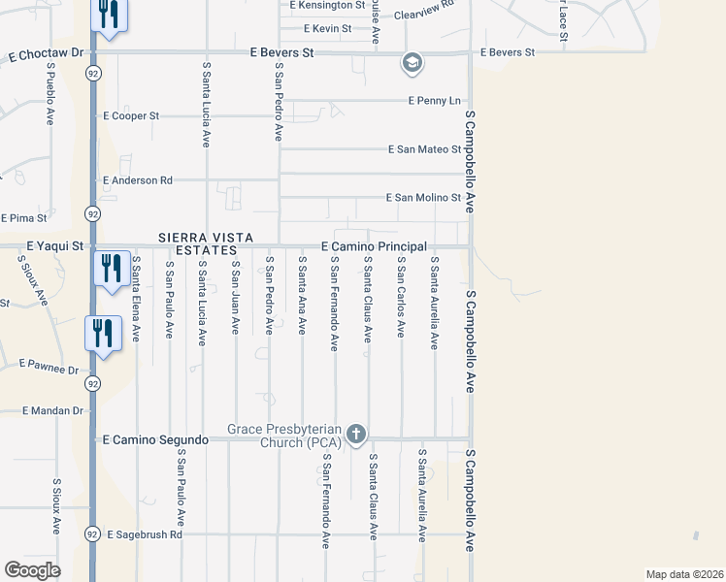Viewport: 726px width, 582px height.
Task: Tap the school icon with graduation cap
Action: click(x=412, y=64)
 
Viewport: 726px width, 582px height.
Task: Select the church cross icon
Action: click(x=356, y=434)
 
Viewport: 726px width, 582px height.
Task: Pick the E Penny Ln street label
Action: click(x=434, y=100)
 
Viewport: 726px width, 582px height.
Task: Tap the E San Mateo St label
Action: click(x=424, y=149)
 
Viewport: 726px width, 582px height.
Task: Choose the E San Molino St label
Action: click(x=423, y=198)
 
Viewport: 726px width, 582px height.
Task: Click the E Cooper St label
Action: click(x=131, y=116)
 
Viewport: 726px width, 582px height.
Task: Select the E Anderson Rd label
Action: click(x=137, y=180)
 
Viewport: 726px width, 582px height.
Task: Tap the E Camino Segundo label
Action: click(x=155, y=440)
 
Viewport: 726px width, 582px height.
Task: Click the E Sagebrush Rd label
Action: click(x=145, y=534)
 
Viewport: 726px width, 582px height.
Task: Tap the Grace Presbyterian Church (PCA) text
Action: click(x=283, y=436)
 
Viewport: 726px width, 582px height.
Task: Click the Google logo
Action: click(x=32, y=570)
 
